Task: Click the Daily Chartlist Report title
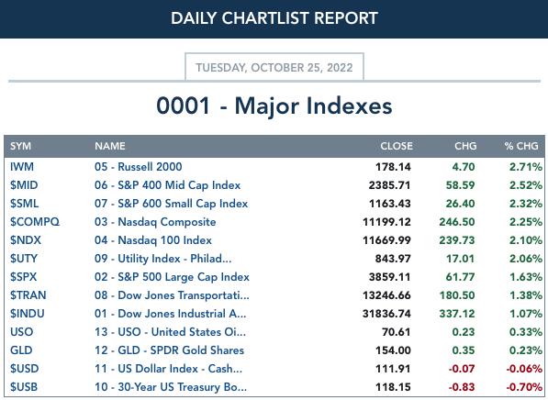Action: (x=274, y=18)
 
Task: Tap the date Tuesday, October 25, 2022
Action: (x=274, y=67)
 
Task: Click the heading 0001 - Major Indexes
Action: (x=274, y=106)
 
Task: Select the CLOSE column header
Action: (x=397, y=146)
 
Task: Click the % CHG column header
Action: (x=521, y=146)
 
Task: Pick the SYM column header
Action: (x=20, y=146)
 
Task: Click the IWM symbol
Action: (x=22, y=167)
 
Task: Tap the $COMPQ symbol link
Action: (x=35, y=222)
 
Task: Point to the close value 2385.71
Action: (x=390, y=185)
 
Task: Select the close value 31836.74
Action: (x=386, y=314)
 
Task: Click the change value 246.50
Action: (x=457, y=222)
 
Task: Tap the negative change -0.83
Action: (x=462, y=387)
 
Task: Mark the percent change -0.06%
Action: (x=524, y=369)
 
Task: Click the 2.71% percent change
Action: (x=526, y=167)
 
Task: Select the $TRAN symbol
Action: (x=28, y=295)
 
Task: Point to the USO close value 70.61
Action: (x=397, y=332)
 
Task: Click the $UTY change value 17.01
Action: (x=461, y=259)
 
